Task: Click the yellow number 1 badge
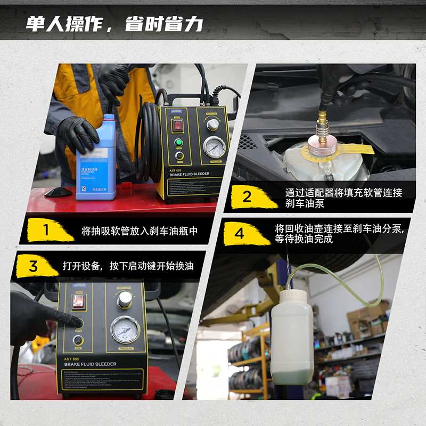46,230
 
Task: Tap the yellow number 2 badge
247,196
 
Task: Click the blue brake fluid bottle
95,160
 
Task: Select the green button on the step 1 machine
179,143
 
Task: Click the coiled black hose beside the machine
150,141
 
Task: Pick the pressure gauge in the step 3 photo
125,329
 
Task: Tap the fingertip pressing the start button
79,323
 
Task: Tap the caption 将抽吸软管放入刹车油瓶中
140,231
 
